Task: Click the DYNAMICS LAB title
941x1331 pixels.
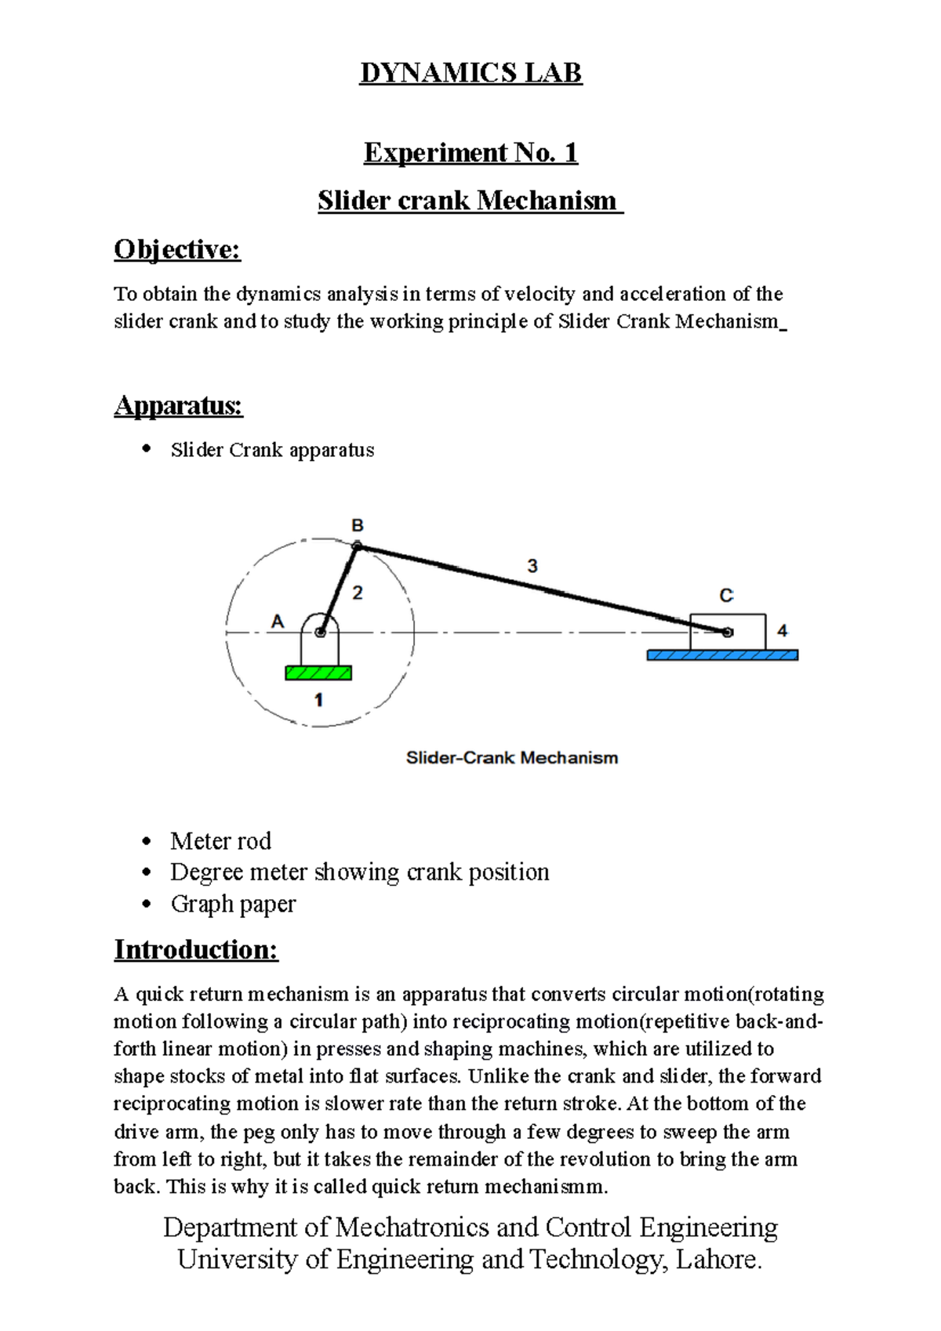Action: pos(470,73)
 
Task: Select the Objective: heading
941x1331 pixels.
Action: pos(177,249)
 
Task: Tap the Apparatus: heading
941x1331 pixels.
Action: pos(178,405)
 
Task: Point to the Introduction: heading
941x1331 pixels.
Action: pos(196,949)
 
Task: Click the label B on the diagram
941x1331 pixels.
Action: pos(357,525)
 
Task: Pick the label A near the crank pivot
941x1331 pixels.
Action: pos(278,622)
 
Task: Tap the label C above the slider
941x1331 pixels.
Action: pos(726,596)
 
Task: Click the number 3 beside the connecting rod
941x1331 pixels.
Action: pos(532,565)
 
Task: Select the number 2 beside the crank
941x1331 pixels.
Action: pos(358,593)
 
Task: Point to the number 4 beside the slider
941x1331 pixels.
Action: pos(782,630)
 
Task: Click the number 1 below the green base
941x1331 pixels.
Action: pos(318,699)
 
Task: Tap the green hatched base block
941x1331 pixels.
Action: pos(318,673)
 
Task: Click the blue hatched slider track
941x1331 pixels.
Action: pos(722,655)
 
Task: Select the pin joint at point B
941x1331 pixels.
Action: pos(357,546)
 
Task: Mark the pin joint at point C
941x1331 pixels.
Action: pos(728,632)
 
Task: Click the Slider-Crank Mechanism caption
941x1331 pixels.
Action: pos(511,758)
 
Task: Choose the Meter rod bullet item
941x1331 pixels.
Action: pos(220,841)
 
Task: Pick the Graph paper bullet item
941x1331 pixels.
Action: pos(233,904)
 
